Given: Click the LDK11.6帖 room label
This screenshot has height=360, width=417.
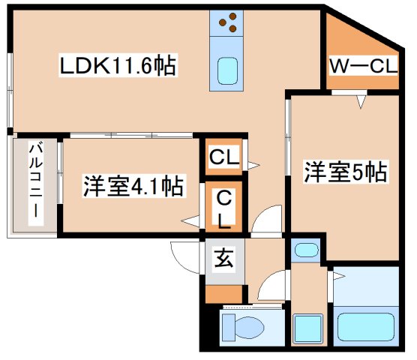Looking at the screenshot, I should click(118, 67).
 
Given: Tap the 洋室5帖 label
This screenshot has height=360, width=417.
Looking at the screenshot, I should click(344, 172).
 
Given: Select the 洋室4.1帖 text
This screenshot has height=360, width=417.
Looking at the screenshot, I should click(133, 185).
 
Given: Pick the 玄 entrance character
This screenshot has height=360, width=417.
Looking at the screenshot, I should click(224, 262).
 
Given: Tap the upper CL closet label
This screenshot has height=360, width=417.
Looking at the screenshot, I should click(224, 157).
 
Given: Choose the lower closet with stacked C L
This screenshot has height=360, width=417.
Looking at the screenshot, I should click(224, 208).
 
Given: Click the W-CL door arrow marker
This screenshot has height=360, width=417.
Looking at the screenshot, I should click(362, 100).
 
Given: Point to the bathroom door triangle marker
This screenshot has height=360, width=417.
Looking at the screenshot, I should click(338, 278).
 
